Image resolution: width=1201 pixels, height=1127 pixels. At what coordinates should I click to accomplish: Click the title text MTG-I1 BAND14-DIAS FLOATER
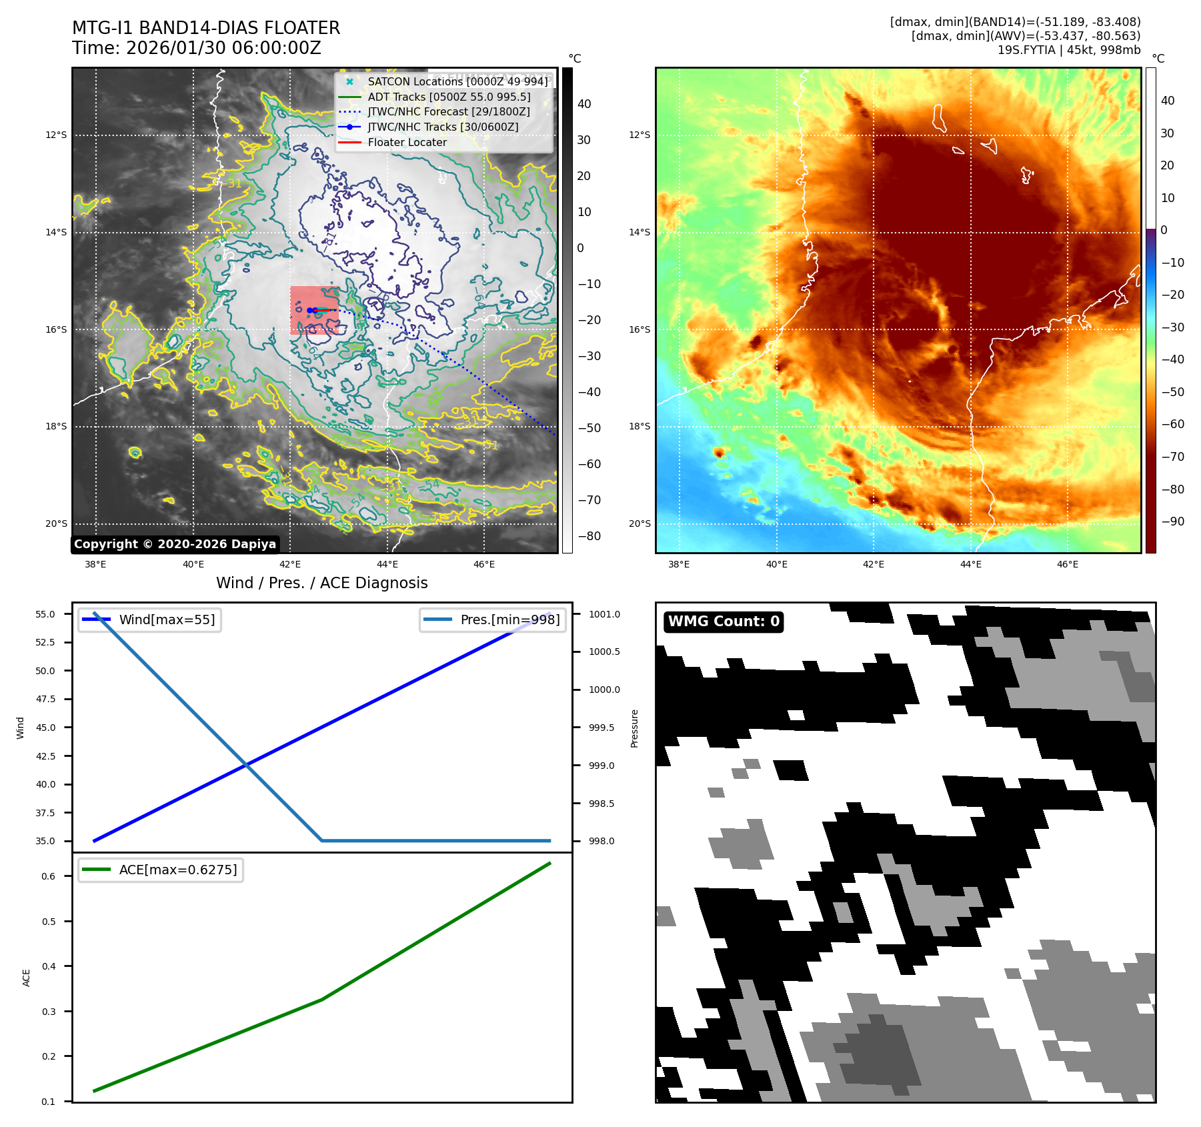point(206,28)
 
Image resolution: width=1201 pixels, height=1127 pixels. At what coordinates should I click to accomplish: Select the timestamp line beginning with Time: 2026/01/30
point(197,49)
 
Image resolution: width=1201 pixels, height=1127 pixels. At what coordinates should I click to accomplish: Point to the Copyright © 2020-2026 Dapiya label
point(175,544)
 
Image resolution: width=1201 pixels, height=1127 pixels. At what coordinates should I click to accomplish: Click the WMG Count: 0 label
point(724,622)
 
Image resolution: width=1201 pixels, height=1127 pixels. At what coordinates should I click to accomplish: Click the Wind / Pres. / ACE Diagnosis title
point(322,583)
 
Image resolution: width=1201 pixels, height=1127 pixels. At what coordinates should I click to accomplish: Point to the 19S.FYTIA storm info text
point(1068,50)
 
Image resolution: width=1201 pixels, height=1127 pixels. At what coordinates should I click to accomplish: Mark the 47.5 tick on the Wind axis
point(45,699)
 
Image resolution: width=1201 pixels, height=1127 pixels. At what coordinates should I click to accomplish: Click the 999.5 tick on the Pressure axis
point(602,728)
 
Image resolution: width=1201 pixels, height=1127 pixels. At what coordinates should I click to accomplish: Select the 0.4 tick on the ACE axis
point(49,966)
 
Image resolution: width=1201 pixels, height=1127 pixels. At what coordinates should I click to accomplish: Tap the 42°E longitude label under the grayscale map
point(290,564)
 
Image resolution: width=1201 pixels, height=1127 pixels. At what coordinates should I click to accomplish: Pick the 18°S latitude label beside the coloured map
point(639,426)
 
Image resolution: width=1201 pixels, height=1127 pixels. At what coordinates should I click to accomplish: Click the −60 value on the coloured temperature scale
point(1172,424)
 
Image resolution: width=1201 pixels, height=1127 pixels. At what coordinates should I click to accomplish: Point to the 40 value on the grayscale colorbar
point(584,104)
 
